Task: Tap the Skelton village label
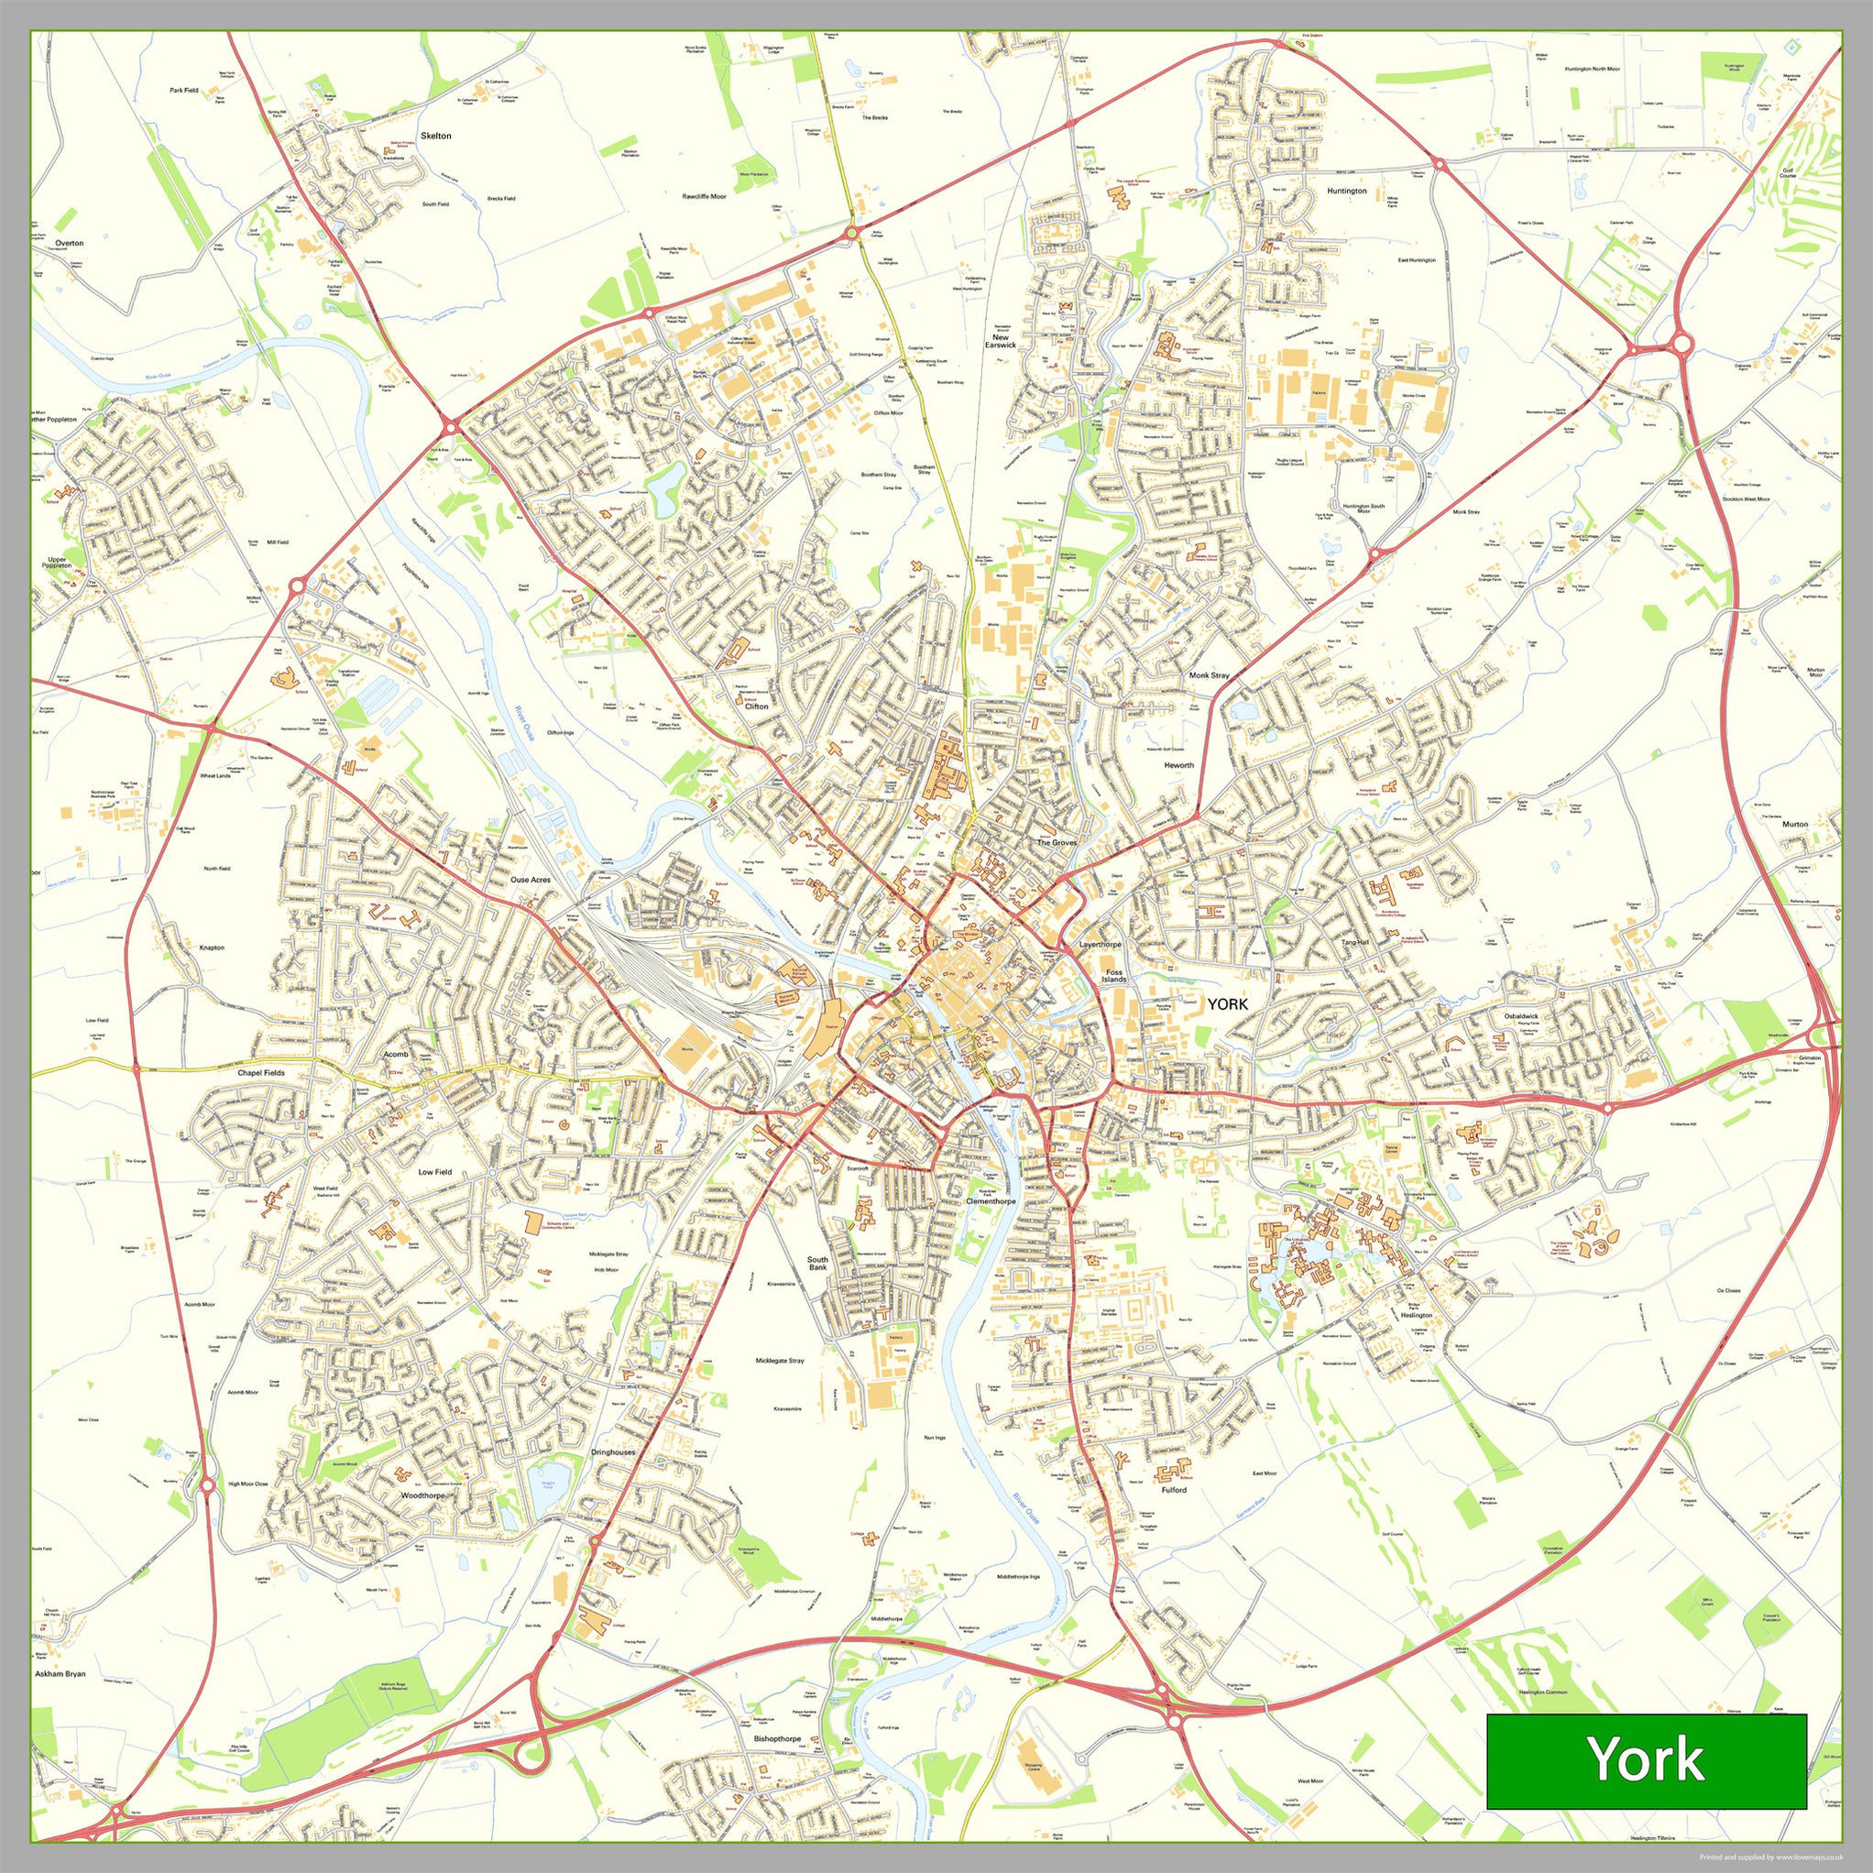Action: point(435,136)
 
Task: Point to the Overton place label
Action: point(69,244)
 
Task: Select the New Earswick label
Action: point(1001,340)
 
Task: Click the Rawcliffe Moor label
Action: point(704,197)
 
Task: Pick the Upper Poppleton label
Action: point(60,563)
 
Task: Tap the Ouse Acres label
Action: point(531,881)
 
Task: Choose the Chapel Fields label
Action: point(261,1073)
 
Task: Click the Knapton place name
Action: point(212,947)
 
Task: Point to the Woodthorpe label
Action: point(422,1495)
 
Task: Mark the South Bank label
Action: point(818,1264)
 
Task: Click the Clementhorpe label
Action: point(991,1201)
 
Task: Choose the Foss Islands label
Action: point(1114,975)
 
